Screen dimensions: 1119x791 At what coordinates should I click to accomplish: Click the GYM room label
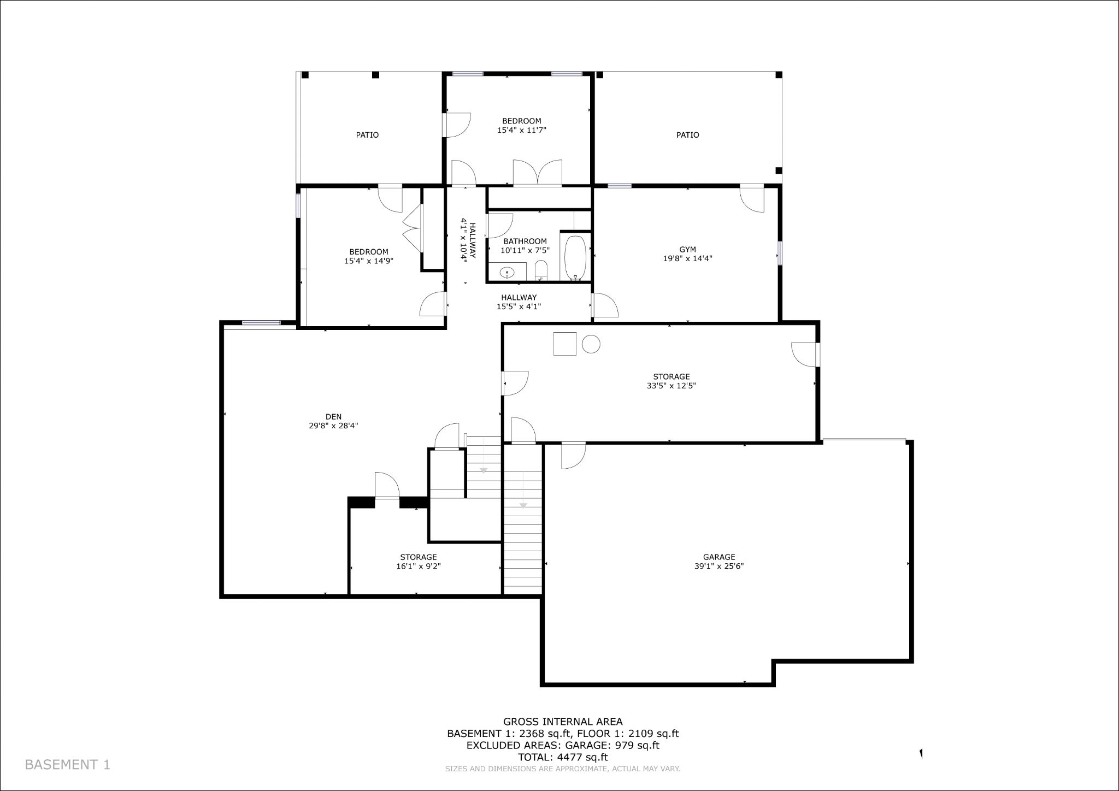pyautogui.click(x=687, y=250)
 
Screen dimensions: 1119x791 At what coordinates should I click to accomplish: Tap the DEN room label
pyautogui.click(x=333, y=417)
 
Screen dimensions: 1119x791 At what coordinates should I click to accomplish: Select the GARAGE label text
pyautogui.click(x=719, y=557)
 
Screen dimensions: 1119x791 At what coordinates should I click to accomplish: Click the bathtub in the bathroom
pyautogui.click(x=575, y=257)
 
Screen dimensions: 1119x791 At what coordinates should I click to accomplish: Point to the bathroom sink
pyautogui.click(x=508, y=271)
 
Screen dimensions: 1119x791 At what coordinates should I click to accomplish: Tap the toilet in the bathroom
pyautogui.click(x=541, y=270)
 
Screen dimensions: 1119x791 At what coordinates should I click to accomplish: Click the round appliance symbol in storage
pyautogui.click(x=591, y=344)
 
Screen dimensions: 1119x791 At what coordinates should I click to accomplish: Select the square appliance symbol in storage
pyautogui.click(x=564, y=344)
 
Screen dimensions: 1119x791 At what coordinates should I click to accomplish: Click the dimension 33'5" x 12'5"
pyautogui.click(x=671, y=386)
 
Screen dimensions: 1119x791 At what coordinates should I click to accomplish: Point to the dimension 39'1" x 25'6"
pyautogui.click(x=719, y=566)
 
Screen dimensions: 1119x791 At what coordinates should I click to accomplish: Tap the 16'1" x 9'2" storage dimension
pyautogui.click(x=419, y=566)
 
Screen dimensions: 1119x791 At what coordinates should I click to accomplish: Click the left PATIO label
pyautogui.click(x=367, y=135)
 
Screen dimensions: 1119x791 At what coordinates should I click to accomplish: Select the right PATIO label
pyautogui.click(x=687, y=135)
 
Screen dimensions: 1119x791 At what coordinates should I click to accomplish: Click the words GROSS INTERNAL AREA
pyautogui.click(x=563, y=722)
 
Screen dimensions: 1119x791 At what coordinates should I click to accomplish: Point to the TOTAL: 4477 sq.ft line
pyautogui.click(x=563, y=757)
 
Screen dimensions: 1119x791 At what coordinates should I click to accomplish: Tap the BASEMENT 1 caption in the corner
pyautogui.click(x=68, y=765)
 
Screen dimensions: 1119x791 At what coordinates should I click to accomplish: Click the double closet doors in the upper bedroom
pyautogui.click(x=538, y=173)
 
